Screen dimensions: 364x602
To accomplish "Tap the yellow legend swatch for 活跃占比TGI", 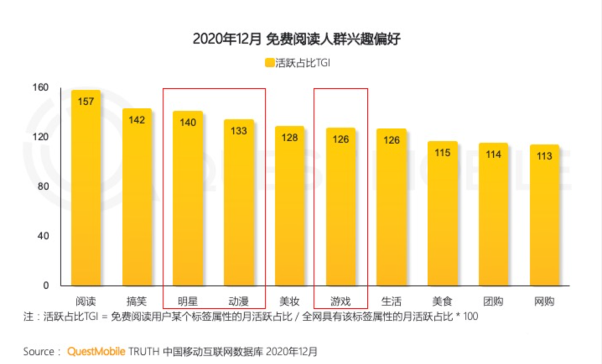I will (269, 63).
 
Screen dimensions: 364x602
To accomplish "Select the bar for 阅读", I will (86, 190).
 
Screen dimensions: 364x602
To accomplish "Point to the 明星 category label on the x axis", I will (188, 302).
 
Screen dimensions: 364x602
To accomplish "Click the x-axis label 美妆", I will (290, 302).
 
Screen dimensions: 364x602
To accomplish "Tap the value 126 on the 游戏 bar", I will (341, 140).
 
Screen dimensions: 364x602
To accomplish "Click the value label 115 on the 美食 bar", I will (443, 152).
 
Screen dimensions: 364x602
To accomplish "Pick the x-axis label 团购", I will (493, 302).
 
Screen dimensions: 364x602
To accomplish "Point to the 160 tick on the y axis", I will (43, 88).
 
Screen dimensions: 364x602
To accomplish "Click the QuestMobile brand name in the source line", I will (96, 352).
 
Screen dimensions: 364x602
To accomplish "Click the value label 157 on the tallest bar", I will (86, 102).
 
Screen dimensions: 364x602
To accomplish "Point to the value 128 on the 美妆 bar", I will (290, 137).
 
